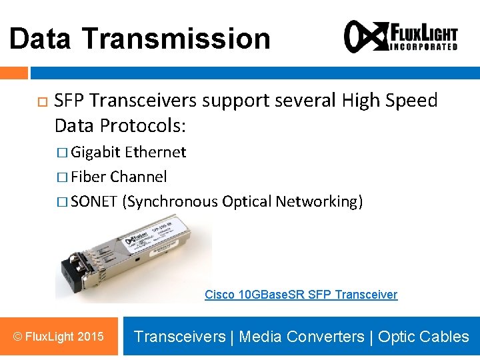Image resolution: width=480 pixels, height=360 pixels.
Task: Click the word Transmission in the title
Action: click(x=177, y=39)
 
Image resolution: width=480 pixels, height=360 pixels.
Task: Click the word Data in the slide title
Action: click(x=41, y=39)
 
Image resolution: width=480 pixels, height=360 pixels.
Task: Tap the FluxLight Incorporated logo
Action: click(x=401, y=36)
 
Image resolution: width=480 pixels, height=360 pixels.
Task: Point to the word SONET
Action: click(x=94, y=201)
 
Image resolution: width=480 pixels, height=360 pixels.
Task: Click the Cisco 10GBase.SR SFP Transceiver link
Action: click(x=301, y=295)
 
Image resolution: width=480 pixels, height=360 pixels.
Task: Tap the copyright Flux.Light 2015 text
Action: click(x=59, y=336)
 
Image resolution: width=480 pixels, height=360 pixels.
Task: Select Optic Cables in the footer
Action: click(x=423, y=337)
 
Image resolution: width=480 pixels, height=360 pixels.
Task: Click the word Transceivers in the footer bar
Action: click(x=179, y=337)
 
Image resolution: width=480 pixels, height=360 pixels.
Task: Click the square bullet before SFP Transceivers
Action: click(x=41, y=102)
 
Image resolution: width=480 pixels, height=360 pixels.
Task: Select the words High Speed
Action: click(x=389, y=101)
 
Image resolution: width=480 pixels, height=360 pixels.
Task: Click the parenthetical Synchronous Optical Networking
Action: click(x=243, y=201)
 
